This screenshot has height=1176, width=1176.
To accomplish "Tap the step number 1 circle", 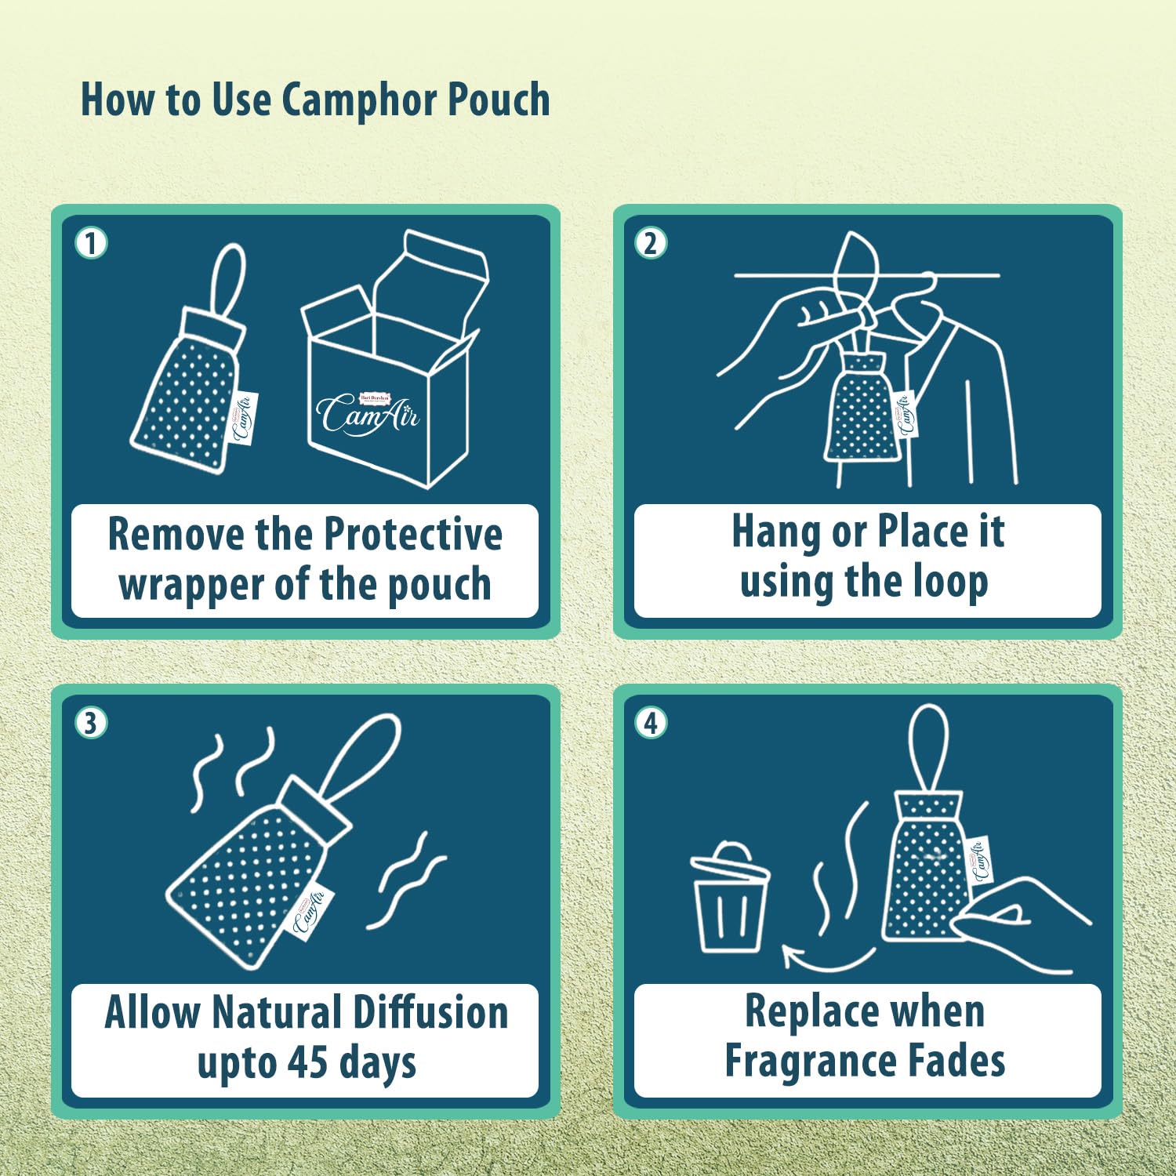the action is pos(91,243).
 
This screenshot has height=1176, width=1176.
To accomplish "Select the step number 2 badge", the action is pos(651,243).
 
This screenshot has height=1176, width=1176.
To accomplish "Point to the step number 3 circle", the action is pos(91,723).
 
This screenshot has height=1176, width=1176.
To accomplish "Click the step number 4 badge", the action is pos(651,723).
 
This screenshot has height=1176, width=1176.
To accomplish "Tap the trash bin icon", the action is pos(730,898).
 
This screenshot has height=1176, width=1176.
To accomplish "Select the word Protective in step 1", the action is pos(413,535).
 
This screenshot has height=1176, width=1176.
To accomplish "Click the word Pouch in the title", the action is pos(499,100).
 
